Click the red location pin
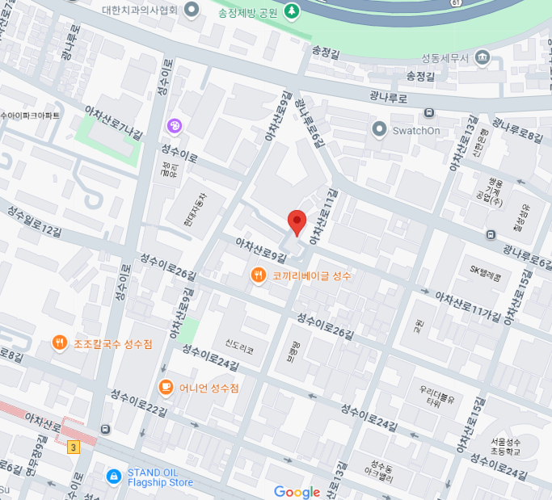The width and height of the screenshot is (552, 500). coord(297,221)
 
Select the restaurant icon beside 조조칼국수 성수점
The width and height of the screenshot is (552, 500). coord(60,343)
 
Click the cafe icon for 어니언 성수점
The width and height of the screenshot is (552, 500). coord(166,387)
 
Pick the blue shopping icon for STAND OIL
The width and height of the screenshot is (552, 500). coord(114,477)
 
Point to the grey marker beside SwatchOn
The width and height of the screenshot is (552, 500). coord(379,129)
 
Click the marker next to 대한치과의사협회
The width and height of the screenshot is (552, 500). coord(192,10)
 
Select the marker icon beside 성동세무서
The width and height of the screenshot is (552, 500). coord(482,57)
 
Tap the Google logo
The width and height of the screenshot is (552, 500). coord(297,492)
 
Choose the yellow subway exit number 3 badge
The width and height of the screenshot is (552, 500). coord(74,447)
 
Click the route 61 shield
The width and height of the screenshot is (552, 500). coord(457,3)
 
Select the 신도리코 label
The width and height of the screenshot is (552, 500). coord(240,350)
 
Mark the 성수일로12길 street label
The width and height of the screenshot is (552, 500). coord(34,221)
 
